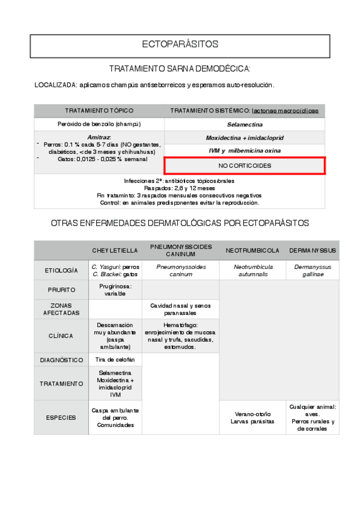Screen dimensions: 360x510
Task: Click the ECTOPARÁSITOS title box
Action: point(180,45)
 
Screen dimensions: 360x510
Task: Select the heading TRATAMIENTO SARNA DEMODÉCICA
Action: point(180,69)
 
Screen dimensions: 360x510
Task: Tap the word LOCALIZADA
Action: point(55,85)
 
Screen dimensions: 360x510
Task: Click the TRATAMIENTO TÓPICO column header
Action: point(99,111)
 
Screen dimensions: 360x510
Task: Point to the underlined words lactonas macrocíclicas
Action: point(285,111)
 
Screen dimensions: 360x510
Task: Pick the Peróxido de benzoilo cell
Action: point(99,124)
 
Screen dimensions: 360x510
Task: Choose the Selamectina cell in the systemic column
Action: point(245,124)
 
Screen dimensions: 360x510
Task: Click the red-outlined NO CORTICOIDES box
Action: point(245,165)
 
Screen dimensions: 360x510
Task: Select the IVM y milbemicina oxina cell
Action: point(245,150)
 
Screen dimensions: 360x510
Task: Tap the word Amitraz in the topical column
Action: point(99,138)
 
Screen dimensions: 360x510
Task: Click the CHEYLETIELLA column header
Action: point(115,250)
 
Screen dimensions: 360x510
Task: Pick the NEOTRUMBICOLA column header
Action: point(252,250)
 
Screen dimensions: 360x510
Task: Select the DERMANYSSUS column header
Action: point(313,250)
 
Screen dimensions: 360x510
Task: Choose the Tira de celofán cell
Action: point(115,360)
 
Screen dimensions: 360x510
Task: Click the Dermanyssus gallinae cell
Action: point(313,270)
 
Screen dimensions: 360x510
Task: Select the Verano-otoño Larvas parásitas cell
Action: point(252,417)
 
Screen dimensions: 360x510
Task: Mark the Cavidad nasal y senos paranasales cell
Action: point(181,309)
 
